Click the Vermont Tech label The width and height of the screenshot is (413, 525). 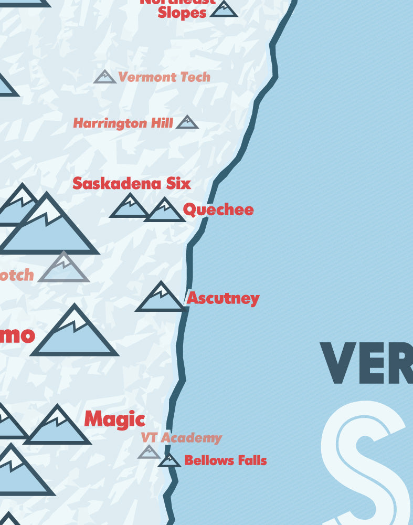pyautogui.click(x=164, y=77)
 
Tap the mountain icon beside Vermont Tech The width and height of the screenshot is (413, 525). pyautogui.click(x=105, y=77)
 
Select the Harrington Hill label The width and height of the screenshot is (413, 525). pyautogui.click(x=123, y=123)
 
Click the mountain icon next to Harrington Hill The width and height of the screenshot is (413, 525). pyautogui.click(x=187, y=123)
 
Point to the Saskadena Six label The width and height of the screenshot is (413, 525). pyautogui.click(x=132, y=183)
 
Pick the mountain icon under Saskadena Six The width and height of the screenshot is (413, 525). pyautogui.click(x=129, y=206)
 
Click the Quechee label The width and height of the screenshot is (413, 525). pyautogui.click(x=218, y=210)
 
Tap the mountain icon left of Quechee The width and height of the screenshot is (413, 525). pyautogui.click(x=165, y=211)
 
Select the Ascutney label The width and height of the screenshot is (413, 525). pyautogui.click(x=223, y=298)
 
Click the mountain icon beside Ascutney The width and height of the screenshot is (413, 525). pyautogui.click(x=161, y=298)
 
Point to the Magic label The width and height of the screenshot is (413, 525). pyautogui.click(x=114, y=419)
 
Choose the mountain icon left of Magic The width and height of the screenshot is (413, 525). pyautogui.click(x=57, y=426)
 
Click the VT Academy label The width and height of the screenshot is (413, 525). pyautogui.click(x=181, y=437)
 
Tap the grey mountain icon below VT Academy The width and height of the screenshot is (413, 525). pyautogui.click(x=149, y=452)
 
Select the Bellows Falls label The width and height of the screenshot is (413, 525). pyautogui.click(x=225, y=460)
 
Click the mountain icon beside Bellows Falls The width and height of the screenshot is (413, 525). pyautogui.click(x=169, y=460)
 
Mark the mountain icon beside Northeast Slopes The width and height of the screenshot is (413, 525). pyautogui.click(x=224, y=9)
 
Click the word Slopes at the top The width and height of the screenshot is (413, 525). pyautogui.click(x=182, y=13)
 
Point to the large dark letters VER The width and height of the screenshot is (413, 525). pyautogui.click(x=366, y=363)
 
